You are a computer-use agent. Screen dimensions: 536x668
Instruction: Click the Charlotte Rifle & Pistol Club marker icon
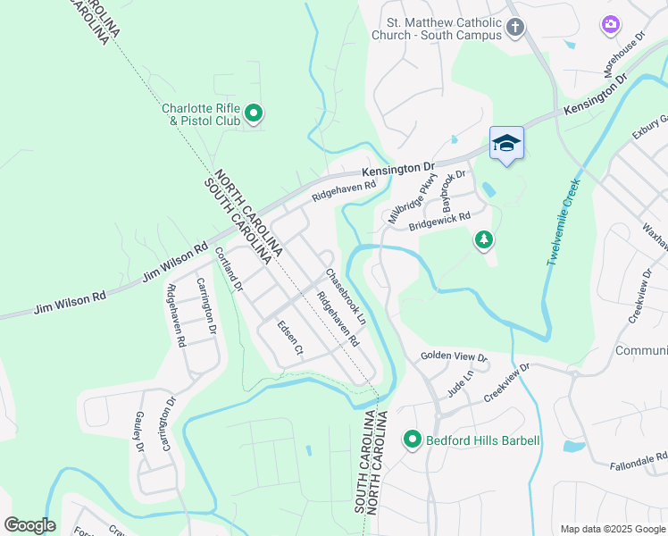(x=254, y=113)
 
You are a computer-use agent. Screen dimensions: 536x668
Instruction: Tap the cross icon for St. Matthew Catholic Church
(x=514, y=28)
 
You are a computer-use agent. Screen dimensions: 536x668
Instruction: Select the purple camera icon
(x=611, y=25)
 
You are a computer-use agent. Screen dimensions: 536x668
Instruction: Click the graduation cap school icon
(x=506, y=143)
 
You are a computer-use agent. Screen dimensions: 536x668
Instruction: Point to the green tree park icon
(x=483, y=240)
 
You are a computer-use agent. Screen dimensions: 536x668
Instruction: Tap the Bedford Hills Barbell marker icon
(x=412, y=440)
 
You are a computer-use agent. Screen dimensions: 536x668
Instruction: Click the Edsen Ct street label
(x=291, y=340)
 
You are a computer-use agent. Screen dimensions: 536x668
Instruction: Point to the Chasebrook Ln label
(x=345, y=296)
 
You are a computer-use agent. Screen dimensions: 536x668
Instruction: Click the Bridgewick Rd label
(x=439, y=221)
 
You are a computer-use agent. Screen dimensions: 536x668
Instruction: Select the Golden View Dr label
(x=455, y=357)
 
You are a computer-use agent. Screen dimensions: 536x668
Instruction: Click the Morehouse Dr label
(x=626, y=53)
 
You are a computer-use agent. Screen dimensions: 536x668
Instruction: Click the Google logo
(x=29, y=525)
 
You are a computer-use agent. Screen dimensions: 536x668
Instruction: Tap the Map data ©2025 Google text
(x=612, y=529)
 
